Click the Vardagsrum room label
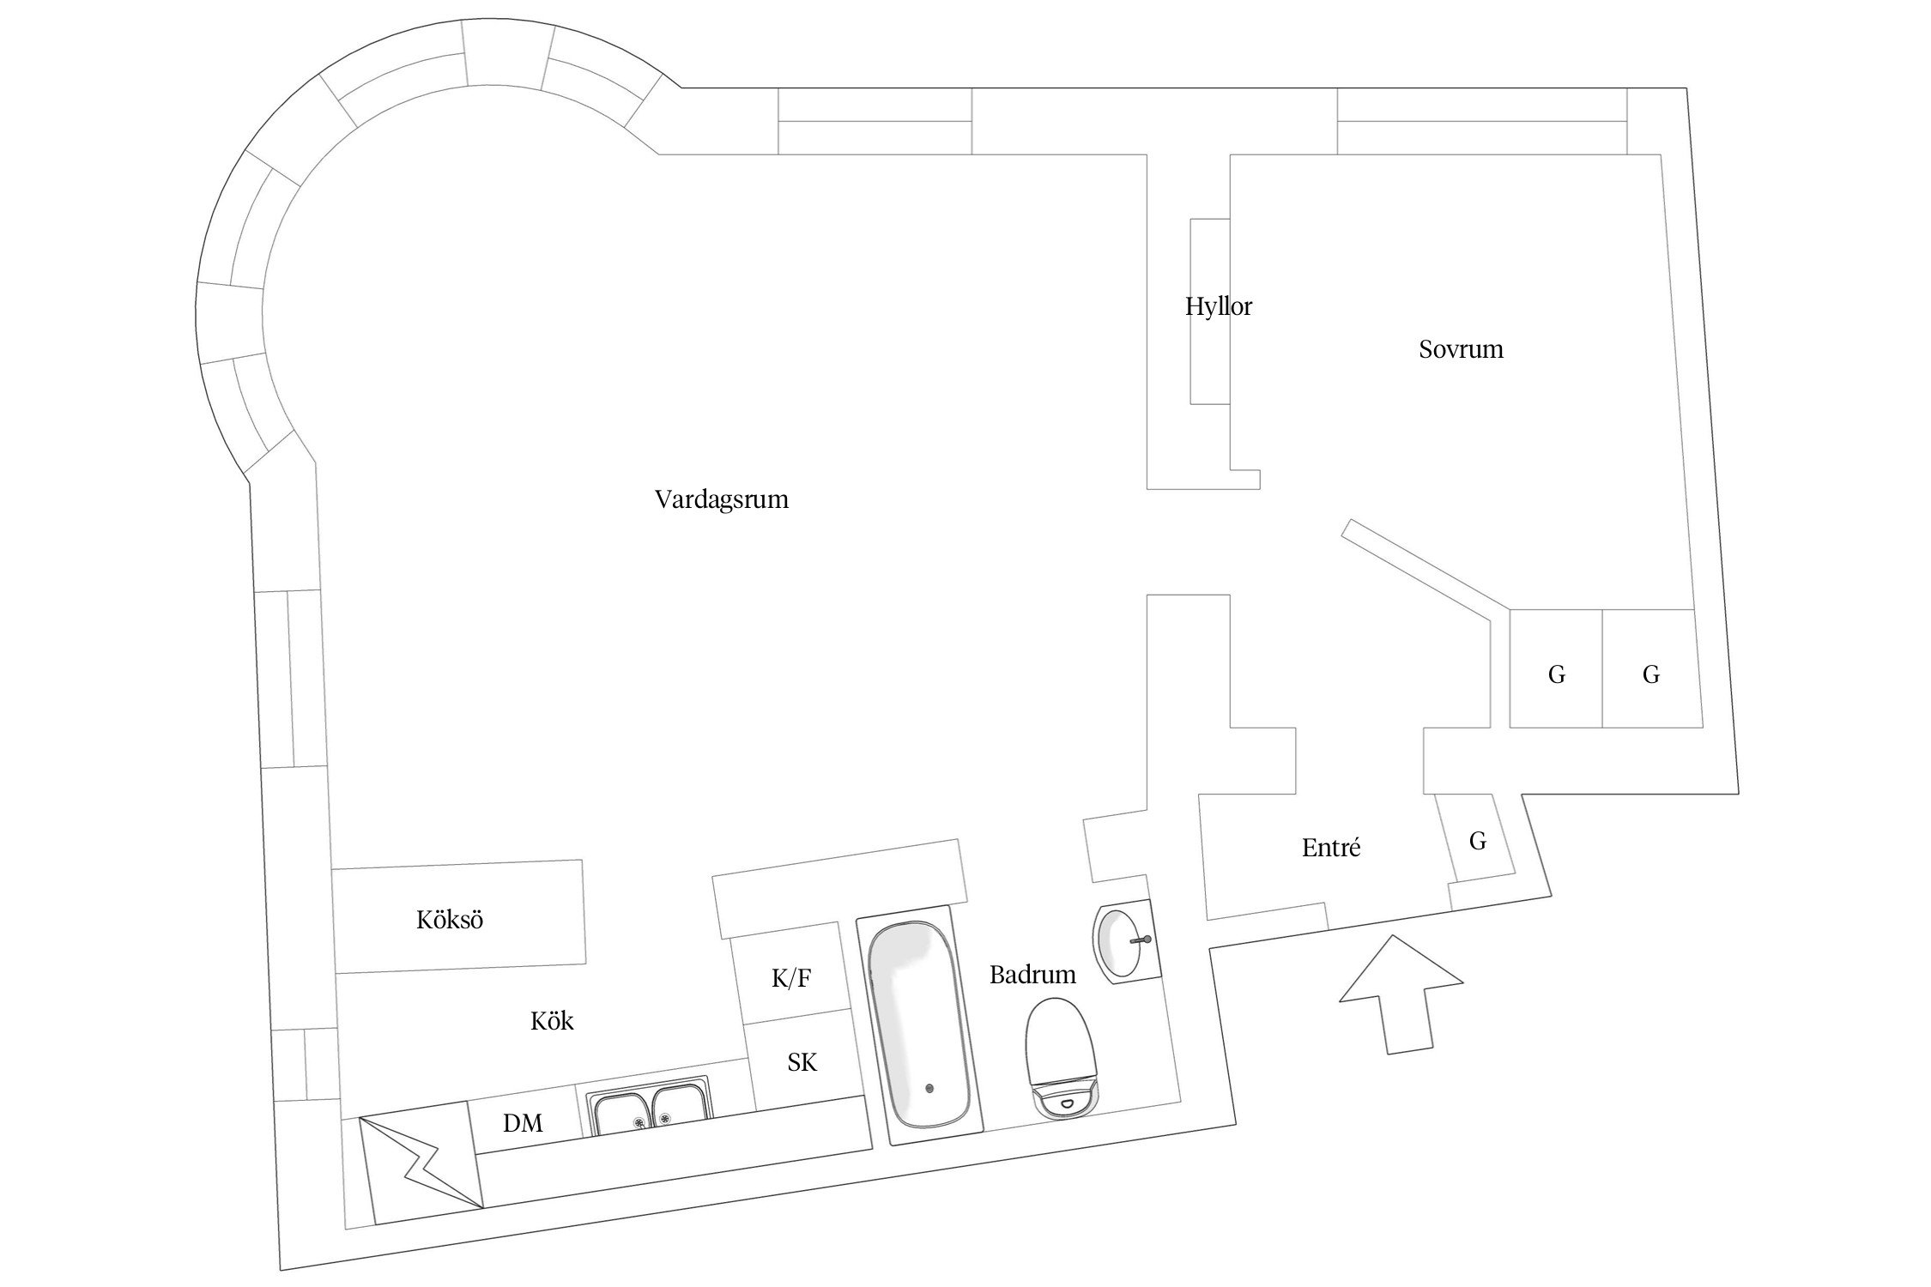coord(721,499)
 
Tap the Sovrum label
coord(1461,349)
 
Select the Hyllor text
coord(1218,306)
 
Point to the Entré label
coord(1330,848)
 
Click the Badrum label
coord(1032,975)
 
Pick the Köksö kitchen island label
coord(450,920)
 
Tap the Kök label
coord(552,1021)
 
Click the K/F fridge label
coord(790,979)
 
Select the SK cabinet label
coord(802,1063)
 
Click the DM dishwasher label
coord(523,1123)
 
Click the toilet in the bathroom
coord(1063,1060)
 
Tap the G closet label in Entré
coord(1477,841)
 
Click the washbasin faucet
coord(1141,940)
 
